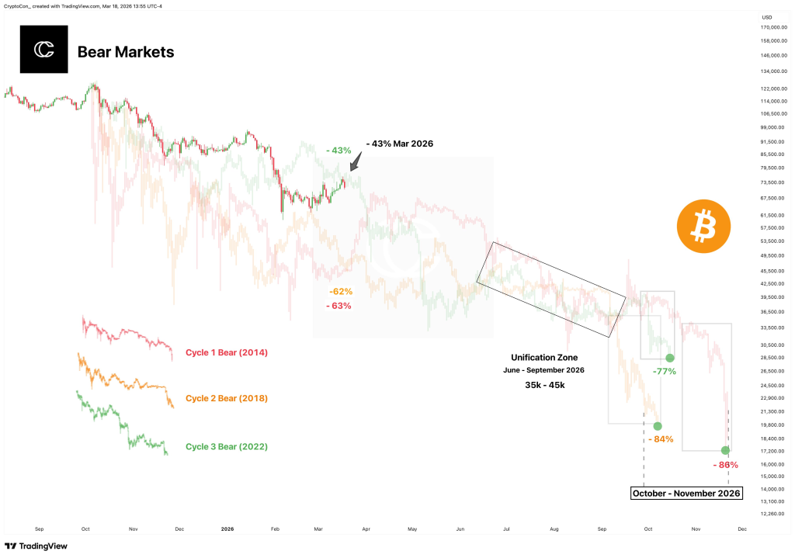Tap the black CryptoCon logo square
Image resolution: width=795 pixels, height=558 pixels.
coord(43,50)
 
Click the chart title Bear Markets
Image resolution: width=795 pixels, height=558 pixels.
coord(126,52)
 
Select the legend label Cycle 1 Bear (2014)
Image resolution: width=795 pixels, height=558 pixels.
coord(226,353)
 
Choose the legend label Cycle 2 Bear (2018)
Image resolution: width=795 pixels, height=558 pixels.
coord(226,399)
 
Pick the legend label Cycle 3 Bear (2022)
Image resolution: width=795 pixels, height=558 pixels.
coord(226,447)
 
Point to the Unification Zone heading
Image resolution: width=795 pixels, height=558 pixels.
coord(543,357)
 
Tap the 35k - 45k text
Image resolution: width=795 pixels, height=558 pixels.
coord(543,385)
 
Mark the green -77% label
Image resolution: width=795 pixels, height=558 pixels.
coord(664,372)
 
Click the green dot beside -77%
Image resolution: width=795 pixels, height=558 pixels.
coord(670,358)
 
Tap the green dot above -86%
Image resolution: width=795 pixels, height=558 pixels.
coord(725,450)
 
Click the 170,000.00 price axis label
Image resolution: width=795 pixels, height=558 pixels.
coord(773,27)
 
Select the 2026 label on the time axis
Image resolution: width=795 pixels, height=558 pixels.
coord(227,529)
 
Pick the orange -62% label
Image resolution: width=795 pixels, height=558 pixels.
coord(341,292)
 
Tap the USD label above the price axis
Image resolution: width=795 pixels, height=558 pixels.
coord(766,16)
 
